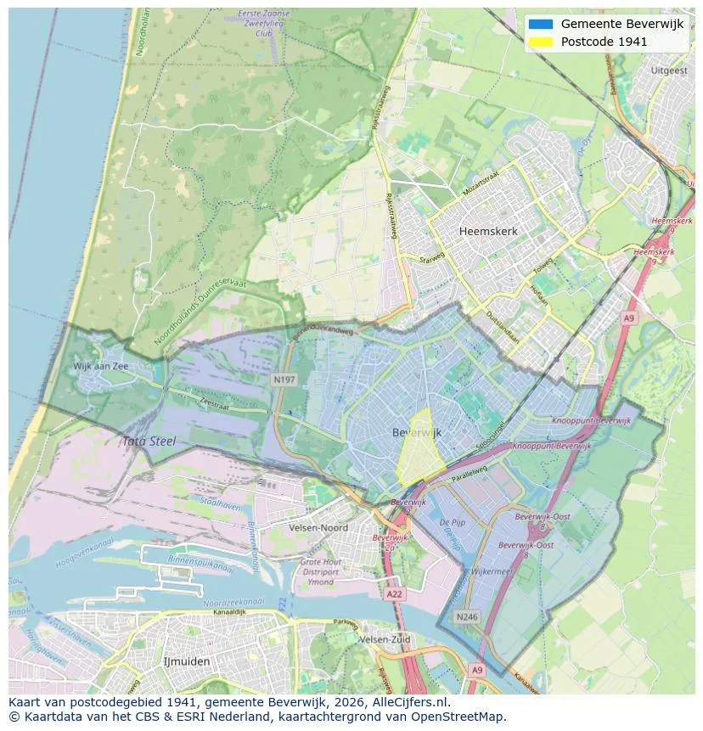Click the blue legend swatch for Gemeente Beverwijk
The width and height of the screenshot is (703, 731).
[539, 25]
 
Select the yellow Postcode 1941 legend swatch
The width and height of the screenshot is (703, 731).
[539, 42]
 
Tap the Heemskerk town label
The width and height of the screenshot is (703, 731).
[488, 231]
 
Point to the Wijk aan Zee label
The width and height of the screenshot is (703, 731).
[101, 366]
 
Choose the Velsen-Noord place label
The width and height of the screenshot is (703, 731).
[323, 527]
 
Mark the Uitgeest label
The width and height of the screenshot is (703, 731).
[668, 71]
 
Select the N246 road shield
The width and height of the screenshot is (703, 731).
[465, 617]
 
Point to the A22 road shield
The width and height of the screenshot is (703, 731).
[394, 594]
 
